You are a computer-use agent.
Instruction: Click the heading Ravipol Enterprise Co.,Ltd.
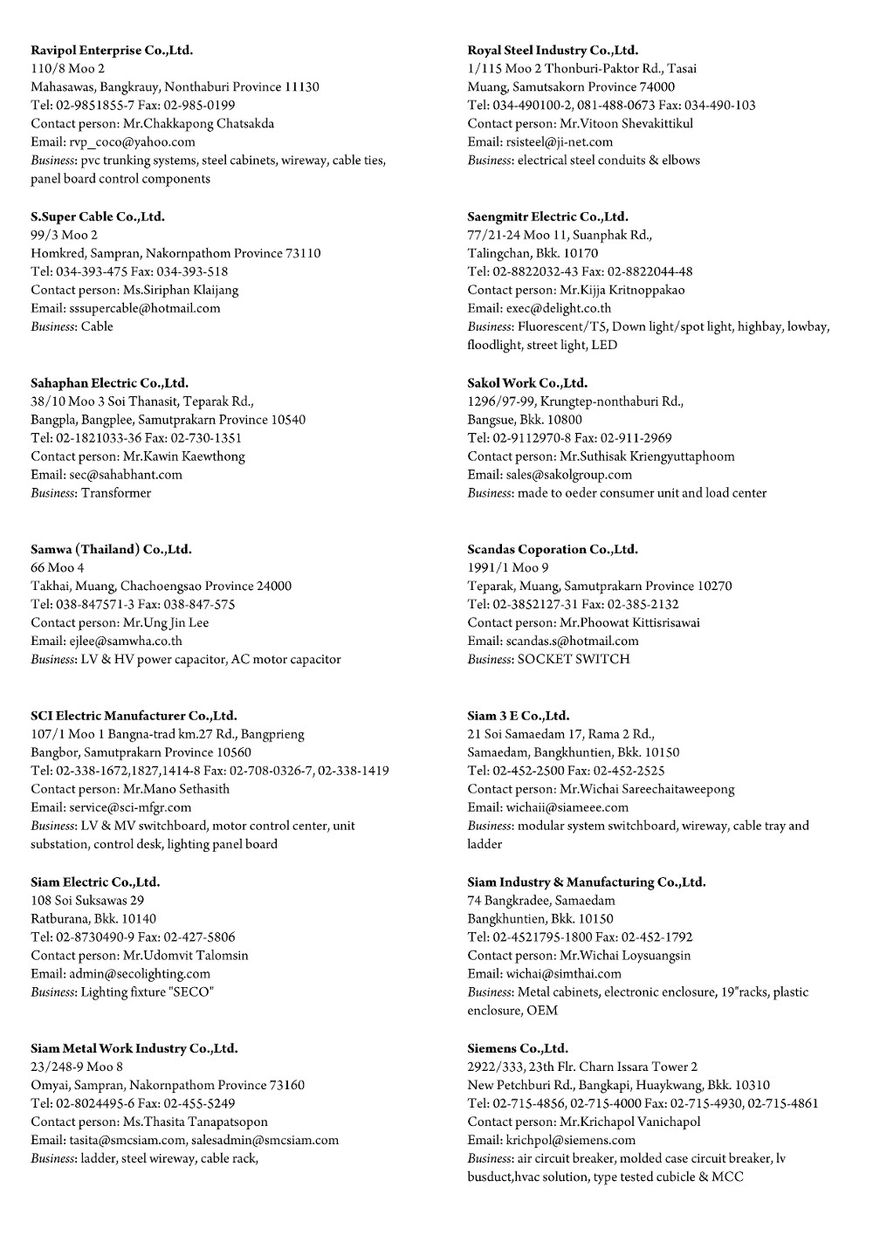tap(112, 50)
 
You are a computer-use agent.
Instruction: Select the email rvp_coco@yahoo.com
tap(132, 141)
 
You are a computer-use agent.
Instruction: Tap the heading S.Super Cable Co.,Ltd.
tap(98, 216)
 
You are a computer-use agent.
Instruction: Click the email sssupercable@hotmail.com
tap(144, 308)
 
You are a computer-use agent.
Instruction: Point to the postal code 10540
tap(288, 420)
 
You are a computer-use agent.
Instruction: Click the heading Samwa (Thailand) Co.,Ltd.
tap(111, 549)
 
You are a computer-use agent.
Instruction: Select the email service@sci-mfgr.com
tap(130, 807)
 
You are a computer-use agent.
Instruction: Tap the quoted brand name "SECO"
tap(194, 991)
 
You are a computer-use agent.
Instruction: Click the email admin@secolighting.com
tap(140, 973)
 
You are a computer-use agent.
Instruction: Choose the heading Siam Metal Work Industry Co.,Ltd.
tap(134, 1048)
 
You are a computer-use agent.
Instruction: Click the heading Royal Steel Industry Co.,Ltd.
tap(553, 50)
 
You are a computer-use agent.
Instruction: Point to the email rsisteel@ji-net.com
tap(559, 141)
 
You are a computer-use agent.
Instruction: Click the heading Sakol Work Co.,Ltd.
tap(527, 382)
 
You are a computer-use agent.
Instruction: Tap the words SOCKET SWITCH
tap(574, 659)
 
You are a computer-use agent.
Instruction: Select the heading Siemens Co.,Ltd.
tap(518, 1048)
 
